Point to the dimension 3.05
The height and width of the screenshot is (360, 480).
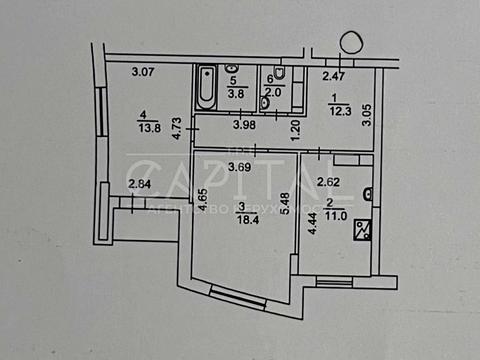point(367,116)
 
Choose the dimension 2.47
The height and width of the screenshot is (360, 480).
point(334,76)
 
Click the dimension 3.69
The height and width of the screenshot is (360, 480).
point(240,167)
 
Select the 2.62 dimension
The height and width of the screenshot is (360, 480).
point(331,183)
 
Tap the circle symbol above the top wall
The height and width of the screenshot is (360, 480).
point(352,43)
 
